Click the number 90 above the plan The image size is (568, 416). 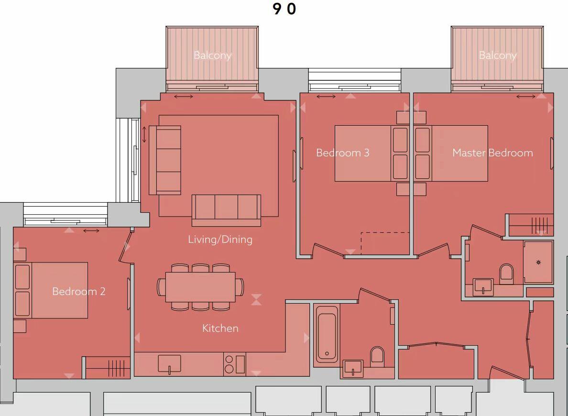coord(284,9)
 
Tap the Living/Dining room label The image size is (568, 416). coord(220,239)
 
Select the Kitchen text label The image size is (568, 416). coord(220,328)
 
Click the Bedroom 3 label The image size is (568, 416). coord(342,153)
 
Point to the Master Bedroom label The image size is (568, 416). coord(492,153)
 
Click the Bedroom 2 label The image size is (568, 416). coord(78,291)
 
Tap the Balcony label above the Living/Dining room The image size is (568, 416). coord(212,55)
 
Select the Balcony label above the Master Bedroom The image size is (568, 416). coord(497,55)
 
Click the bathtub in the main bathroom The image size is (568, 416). coord(327,335)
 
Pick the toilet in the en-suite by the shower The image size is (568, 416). coord(506,274)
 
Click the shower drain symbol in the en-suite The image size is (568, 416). coord(538,263)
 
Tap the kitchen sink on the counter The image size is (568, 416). coord(169,363)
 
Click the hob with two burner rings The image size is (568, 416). coord(229,364)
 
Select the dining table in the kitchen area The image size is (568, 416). coord(200,287)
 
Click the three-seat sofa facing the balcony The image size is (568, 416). coord(226,209)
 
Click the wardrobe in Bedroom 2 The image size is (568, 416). coord(107,367)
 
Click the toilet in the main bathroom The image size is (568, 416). coord(377,355)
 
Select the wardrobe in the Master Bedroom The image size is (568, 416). coord(531,224)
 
